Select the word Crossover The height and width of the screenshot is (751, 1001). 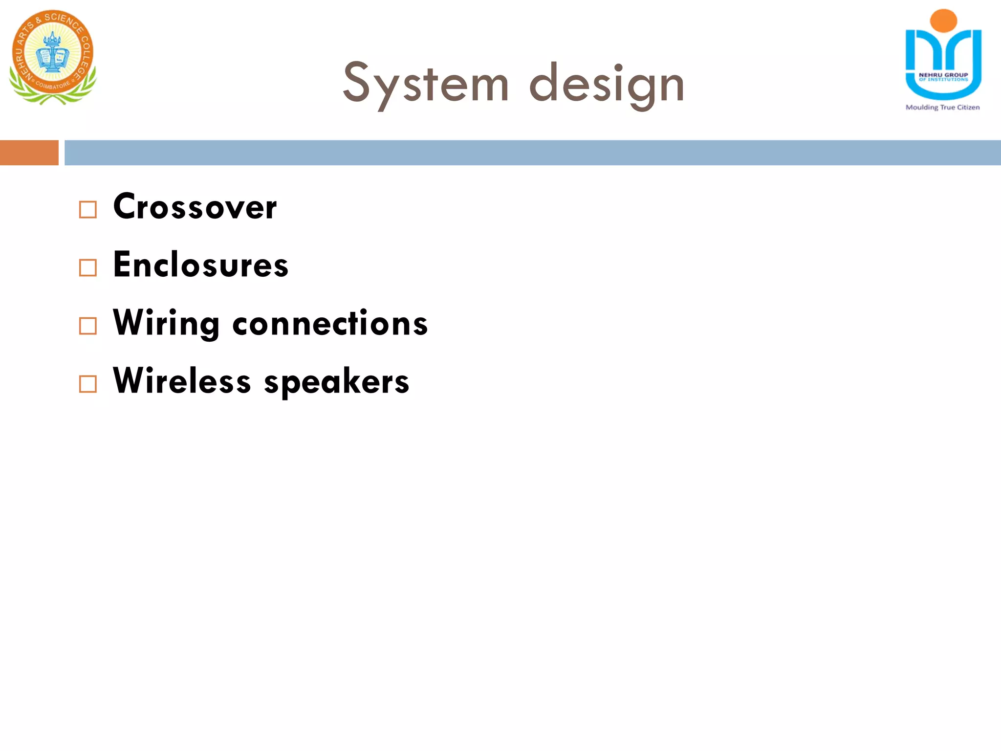point(195,207)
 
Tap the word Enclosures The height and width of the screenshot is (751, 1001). point(200,265)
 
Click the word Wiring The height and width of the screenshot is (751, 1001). point(166,323)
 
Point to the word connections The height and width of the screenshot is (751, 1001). point(330,324)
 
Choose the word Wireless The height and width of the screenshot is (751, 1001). point(182,381)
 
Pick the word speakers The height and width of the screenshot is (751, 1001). point(336,382)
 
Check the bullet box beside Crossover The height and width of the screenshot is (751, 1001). point(88,210)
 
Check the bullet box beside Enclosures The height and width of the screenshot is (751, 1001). point(88,267)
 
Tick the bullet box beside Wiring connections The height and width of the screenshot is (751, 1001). point(88,326)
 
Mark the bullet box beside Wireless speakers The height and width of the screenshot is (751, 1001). point(88,384)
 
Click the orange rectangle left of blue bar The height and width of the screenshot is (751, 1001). point(29,153)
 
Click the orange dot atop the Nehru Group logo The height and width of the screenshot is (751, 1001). point(943,21)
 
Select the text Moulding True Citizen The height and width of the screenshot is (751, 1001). point(942,107)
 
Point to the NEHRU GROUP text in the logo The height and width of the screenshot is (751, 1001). point(943,75)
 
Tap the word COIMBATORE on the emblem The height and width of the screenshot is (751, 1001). point(53,86)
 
